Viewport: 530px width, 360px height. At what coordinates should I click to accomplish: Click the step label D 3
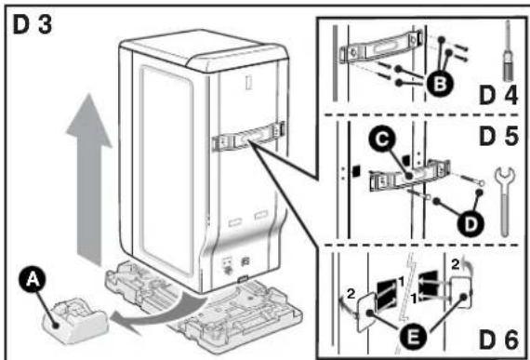33,25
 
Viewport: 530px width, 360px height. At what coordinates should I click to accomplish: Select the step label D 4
498,95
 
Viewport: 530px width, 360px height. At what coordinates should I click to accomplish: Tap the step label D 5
498,136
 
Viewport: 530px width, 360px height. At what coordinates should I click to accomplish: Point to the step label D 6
498,340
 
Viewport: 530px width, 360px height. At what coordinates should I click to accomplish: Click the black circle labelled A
33,279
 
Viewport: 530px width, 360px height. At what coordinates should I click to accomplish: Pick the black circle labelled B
439,83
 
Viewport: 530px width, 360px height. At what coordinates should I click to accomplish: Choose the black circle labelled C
382,140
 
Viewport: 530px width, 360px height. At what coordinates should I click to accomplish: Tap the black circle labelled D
470,224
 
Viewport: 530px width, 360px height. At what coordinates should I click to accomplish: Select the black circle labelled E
413,337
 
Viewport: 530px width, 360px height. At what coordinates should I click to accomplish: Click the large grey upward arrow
89,180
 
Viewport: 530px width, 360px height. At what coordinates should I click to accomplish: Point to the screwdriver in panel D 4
507,51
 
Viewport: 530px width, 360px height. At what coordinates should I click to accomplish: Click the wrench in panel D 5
504,201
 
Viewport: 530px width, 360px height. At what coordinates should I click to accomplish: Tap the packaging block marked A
75,320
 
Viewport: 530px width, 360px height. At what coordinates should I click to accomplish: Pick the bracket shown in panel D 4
381,47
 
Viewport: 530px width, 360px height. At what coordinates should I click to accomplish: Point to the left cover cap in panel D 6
364,312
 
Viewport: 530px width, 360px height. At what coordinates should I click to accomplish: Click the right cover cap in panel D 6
460,291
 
